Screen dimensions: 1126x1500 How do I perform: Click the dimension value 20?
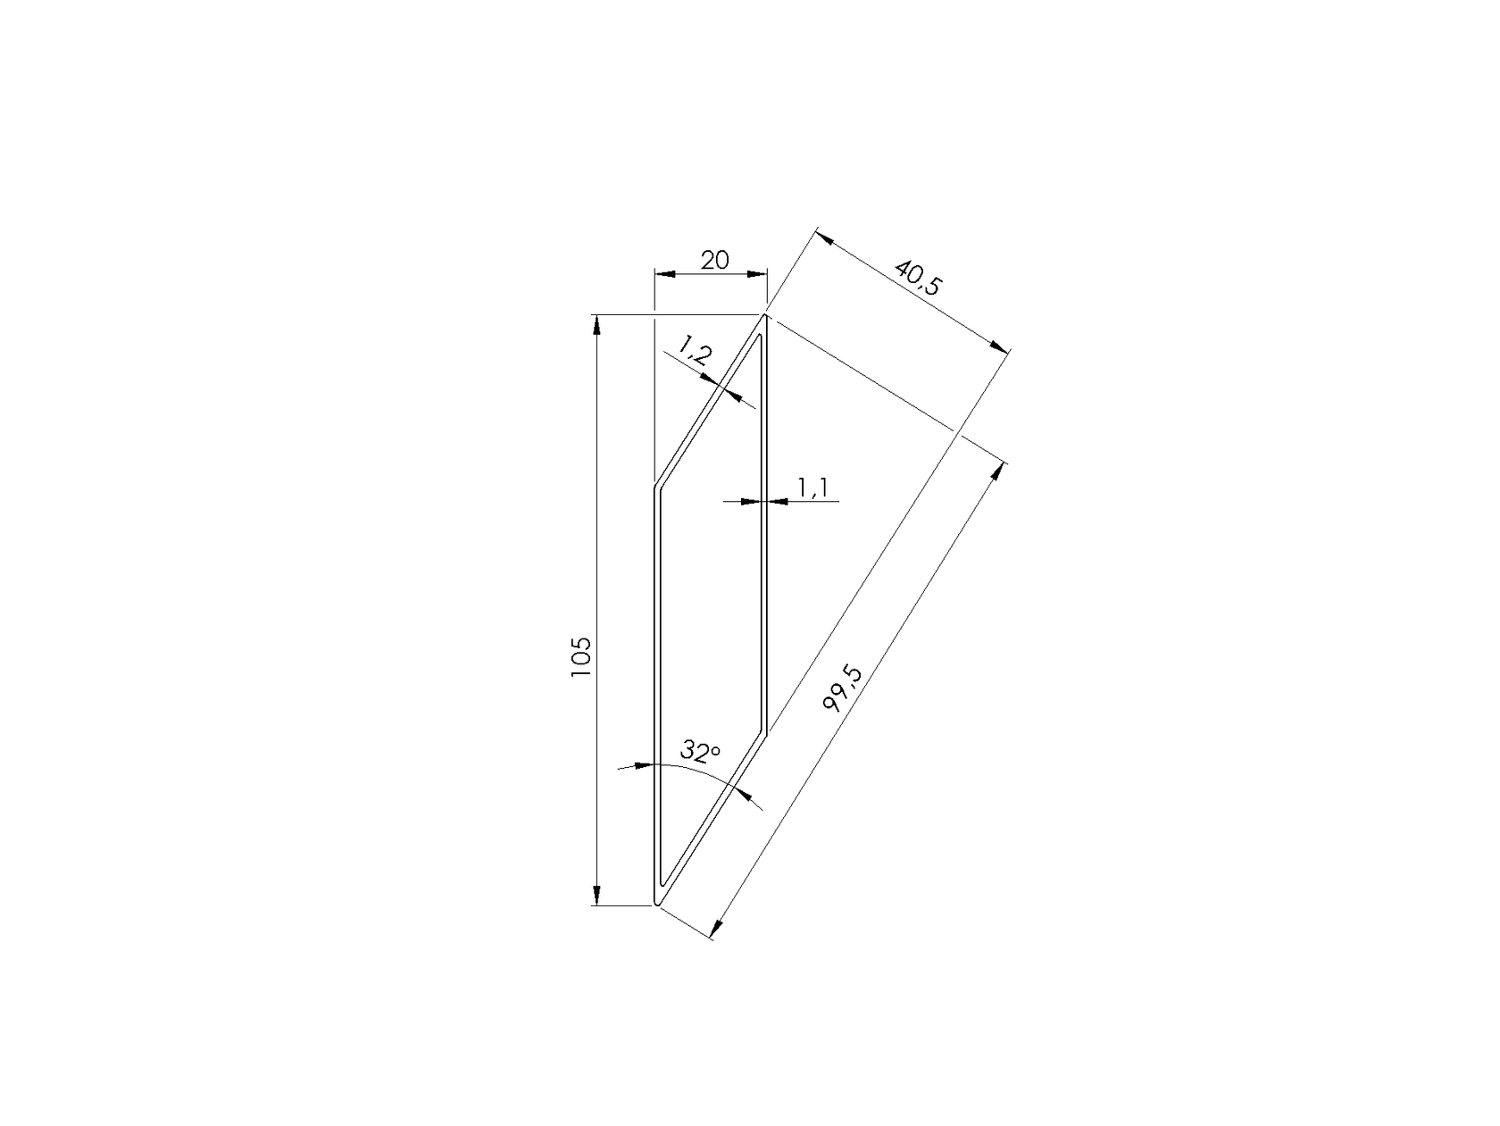click(x=714, y=261)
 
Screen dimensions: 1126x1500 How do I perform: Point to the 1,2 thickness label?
click(x=694, y=349)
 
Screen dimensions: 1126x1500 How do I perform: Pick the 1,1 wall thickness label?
click(x=814, y=488)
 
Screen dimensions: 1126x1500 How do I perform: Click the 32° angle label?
click(x=700, y=751)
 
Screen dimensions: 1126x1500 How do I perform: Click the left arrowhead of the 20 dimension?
click(x=662, y=274)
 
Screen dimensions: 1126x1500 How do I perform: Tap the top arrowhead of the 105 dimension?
click(x=597, y=322)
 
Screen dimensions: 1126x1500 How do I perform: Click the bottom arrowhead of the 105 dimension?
click(x=597, y=897)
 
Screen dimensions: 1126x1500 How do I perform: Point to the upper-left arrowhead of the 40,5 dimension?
click(x=821, y=238)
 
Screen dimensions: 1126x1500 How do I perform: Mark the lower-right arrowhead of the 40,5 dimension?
click(x=1001, y=348)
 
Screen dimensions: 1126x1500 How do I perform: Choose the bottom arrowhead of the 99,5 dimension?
click(x=716, y=930)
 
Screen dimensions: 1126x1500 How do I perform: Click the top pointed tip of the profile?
click(x=765, y=316)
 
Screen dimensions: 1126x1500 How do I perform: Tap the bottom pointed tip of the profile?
click(x=657, y=904)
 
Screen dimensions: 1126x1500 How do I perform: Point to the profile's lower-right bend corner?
click(x=767, y=730)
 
